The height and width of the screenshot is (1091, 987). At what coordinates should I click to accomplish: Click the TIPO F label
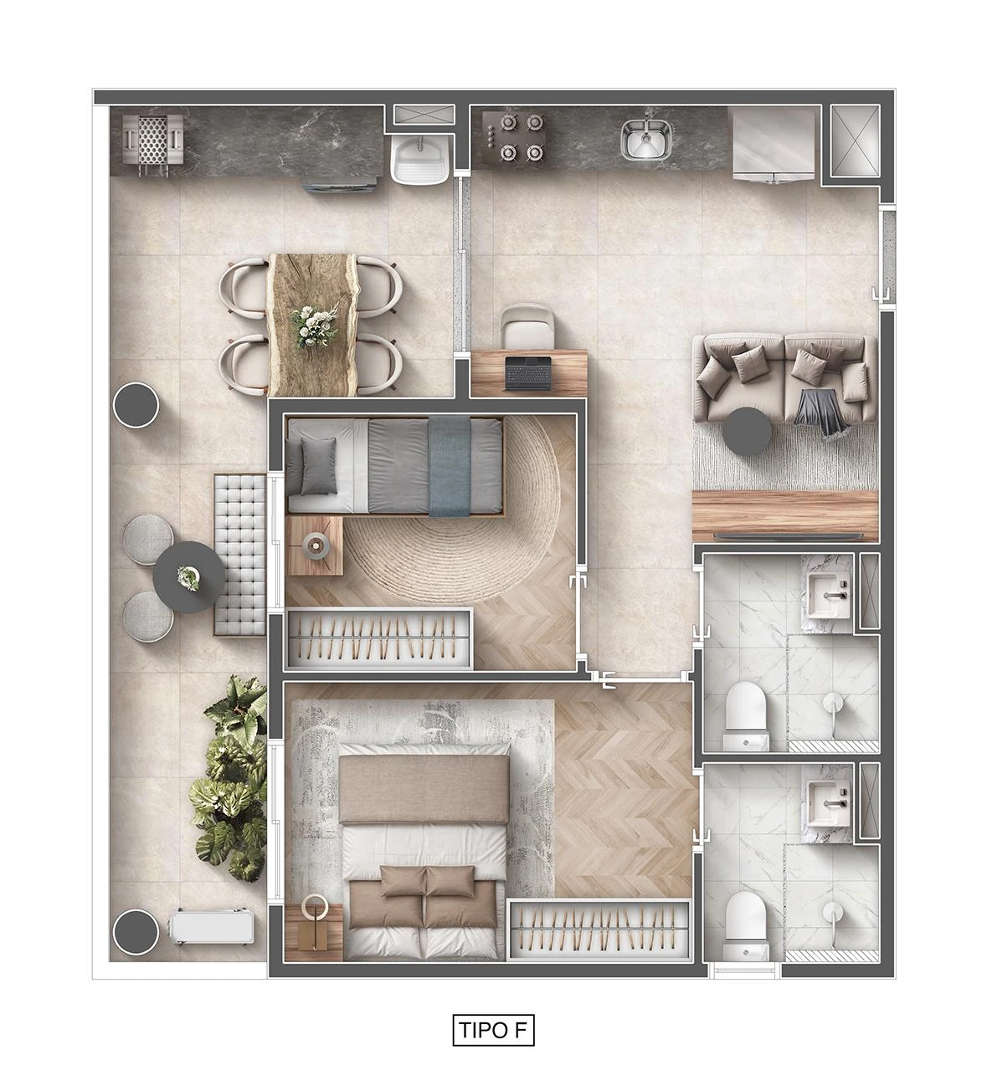click(x=493, y=1030)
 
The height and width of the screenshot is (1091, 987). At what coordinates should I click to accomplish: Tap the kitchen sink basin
click(x=645, y=139)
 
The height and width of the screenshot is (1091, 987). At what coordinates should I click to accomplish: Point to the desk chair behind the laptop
click(x=527, y=326)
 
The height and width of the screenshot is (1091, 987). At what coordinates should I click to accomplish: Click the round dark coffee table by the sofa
click(x=748, y=431)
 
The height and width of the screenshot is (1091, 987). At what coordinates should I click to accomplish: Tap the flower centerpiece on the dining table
click(x=314, y=325)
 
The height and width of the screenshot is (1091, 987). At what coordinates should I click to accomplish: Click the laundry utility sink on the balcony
click(x=419, y=158)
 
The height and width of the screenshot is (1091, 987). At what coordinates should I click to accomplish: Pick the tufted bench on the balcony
click(x=240, y=555)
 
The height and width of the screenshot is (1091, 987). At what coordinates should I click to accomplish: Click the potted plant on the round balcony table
click(x=188, y=577)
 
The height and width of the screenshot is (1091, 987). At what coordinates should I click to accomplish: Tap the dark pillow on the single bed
click(x=318, y=465)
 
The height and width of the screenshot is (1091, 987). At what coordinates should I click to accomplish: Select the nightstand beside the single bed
click(x=314, y=545)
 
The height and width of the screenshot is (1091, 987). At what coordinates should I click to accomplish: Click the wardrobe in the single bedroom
click(x=379, y=638)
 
